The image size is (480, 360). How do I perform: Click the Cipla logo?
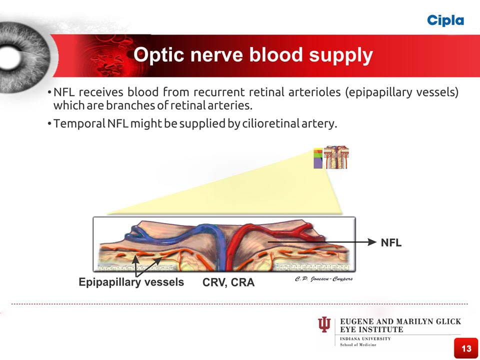coord(445,20)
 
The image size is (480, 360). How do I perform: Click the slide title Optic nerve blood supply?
coord(253,55)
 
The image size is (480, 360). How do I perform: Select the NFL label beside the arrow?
coord(391,243)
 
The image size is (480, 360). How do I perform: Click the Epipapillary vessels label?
coord(131,282)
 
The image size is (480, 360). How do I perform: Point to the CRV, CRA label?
coord(228,283)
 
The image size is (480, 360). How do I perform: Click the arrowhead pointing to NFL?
coord(371,242)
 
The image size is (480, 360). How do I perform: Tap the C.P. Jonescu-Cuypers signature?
coord(323,278)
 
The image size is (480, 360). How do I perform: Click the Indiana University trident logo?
coord(324,325)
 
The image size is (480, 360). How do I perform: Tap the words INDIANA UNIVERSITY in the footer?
coord(365,339)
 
